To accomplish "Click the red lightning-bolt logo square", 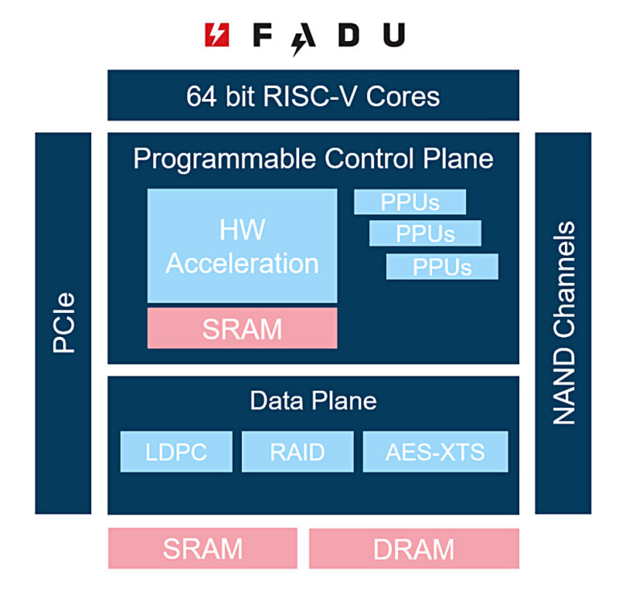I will click(217, 35).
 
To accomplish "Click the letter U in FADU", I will click(393, 35).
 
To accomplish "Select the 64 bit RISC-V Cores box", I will click(313, 96).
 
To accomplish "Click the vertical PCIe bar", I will click(63, 322).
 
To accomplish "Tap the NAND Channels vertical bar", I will click(563, 322).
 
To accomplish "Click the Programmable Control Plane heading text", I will click(313, 159).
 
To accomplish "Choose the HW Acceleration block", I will click(242, 246).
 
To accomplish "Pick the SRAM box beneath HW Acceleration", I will click(242, 328).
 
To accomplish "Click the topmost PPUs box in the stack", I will click(409, 202).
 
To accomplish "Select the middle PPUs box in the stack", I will click(425, 234).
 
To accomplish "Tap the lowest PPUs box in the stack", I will click(442, 266).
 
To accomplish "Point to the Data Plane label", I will click(313, 401).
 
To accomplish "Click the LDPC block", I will click(176, 451).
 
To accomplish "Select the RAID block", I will click(297, 451).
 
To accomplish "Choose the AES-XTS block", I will click(435, 451).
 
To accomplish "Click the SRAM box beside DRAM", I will click(202, 549).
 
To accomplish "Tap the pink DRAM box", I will click(413, 549).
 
